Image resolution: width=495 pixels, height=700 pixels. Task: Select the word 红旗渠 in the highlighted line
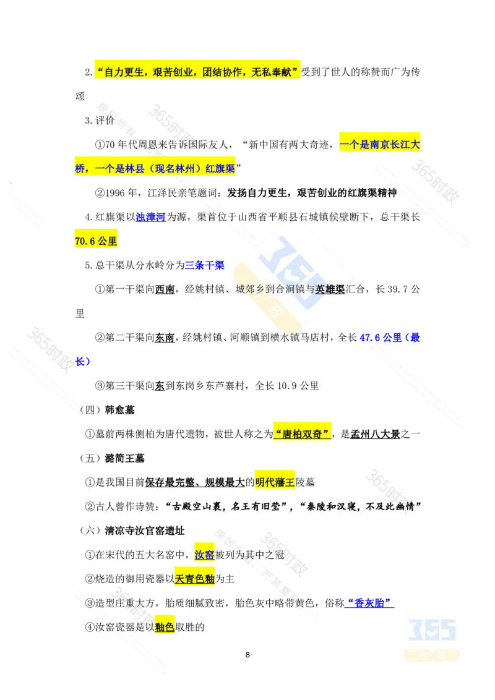[219, 169]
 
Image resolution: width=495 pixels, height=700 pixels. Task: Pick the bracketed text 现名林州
[174, 169]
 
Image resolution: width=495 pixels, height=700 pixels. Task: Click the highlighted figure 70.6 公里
[96, 242]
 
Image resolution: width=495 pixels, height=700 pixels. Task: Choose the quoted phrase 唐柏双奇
[302, 433]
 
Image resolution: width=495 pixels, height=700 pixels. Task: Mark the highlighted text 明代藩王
[276, 482]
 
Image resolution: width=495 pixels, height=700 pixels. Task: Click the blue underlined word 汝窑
[204, 555]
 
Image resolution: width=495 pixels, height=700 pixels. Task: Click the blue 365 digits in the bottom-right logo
[433, 629]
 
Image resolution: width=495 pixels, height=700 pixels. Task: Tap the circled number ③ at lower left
[90, 604]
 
